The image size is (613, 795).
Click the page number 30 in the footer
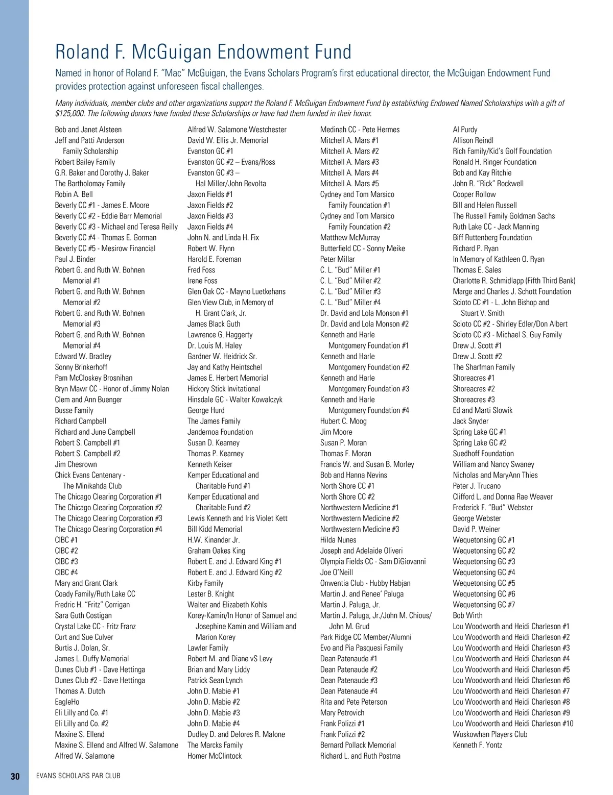(15, 776)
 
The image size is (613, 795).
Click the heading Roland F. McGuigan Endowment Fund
(203, 52)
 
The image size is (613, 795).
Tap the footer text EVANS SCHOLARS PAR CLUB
(78, 776)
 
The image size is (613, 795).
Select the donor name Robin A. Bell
(74, 194)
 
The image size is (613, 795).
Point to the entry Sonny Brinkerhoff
(81, 367)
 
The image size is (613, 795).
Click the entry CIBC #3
(66, 562)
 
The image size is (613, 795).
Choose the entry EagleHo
(67, 702)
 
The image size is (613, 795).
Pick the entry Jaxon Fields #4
(210, 227)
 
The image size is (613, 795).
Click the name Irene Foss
(202, 281)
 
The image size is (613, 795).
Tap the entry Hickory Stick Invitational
(220, 389)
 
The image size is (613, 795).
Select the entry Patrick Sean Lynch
(215, 681)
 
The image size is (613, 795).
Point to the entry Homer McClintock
(215, 756)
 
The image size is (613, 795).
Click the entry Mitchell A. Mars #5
(349, 184)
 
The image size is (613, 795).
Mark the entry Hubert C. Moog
(343, 421)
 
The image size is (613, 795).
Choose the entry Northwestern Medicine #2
(360, 518)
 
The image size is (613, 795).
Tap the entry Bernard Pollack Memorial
(358, 746)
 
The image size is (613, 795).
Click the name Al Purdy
(465, 130)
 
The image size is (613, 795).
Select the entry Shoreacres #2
(474, 389)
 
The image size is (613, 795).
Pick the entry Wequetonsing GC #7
(484, 605)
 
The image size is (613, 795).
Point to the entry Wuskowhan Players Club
(490, 735)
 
